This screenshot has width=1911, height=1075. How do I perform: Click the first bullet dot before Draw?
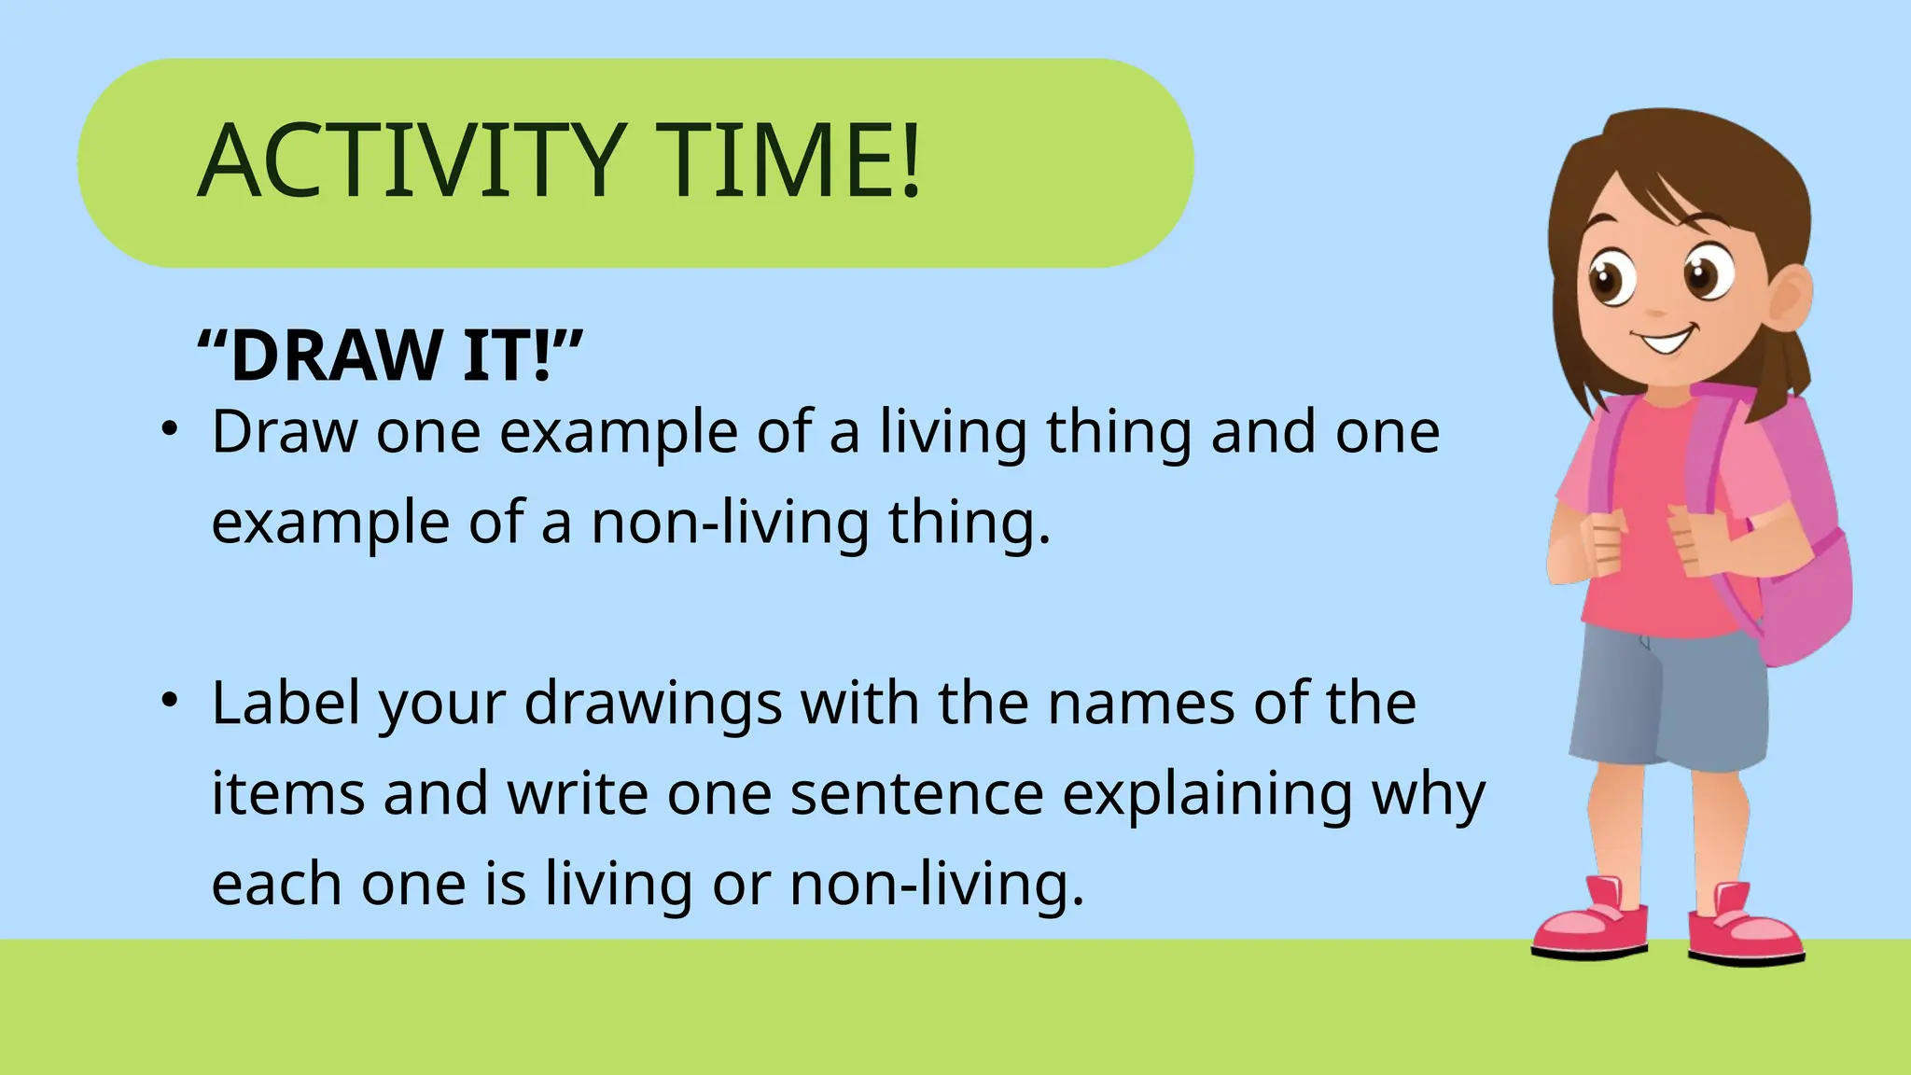point(168,430)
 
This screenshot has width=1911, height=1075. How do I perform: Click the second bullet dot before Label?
point(168,701)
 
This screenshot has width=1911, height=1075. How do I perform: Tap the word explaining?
point(1207,795)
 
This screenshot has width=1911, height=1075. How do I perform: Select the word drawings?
point(653,705)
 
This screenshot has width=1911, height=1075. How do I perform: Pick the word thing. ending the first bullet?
point(969,523)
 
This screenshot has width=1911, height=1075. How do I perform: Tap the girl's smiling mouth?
point(1666,341)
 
